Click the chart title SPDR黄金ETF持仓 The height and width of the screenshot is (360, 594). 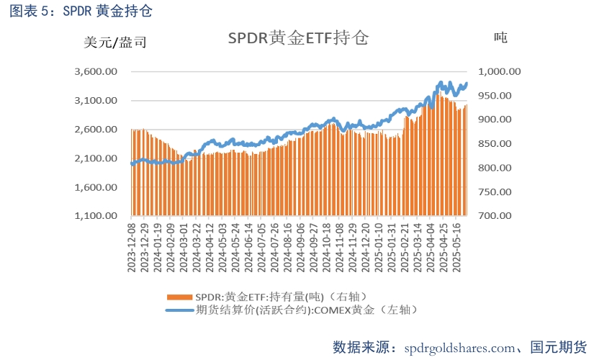coord(297,39)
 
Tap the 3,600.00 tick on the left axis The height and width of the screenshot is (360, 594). coord(96,72)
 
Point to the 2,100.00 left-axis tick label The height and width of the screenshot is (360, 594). coord(96,158)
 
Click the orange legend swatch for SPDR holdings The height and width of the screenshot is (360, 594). coord(179,297)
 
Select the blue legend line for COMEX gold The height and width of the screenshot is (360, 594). coord(179,310)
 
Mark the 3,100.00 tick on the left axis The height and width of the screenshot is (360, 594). coord(96,101)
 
